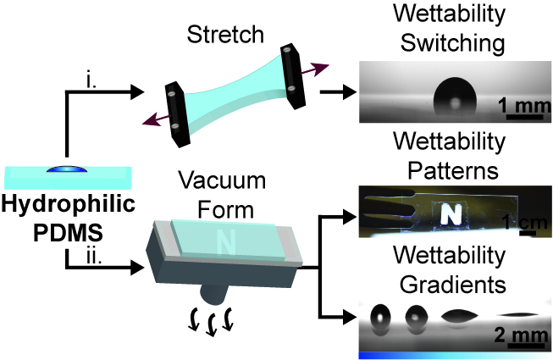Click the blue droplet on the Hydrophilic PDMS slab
click(67, 169)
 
